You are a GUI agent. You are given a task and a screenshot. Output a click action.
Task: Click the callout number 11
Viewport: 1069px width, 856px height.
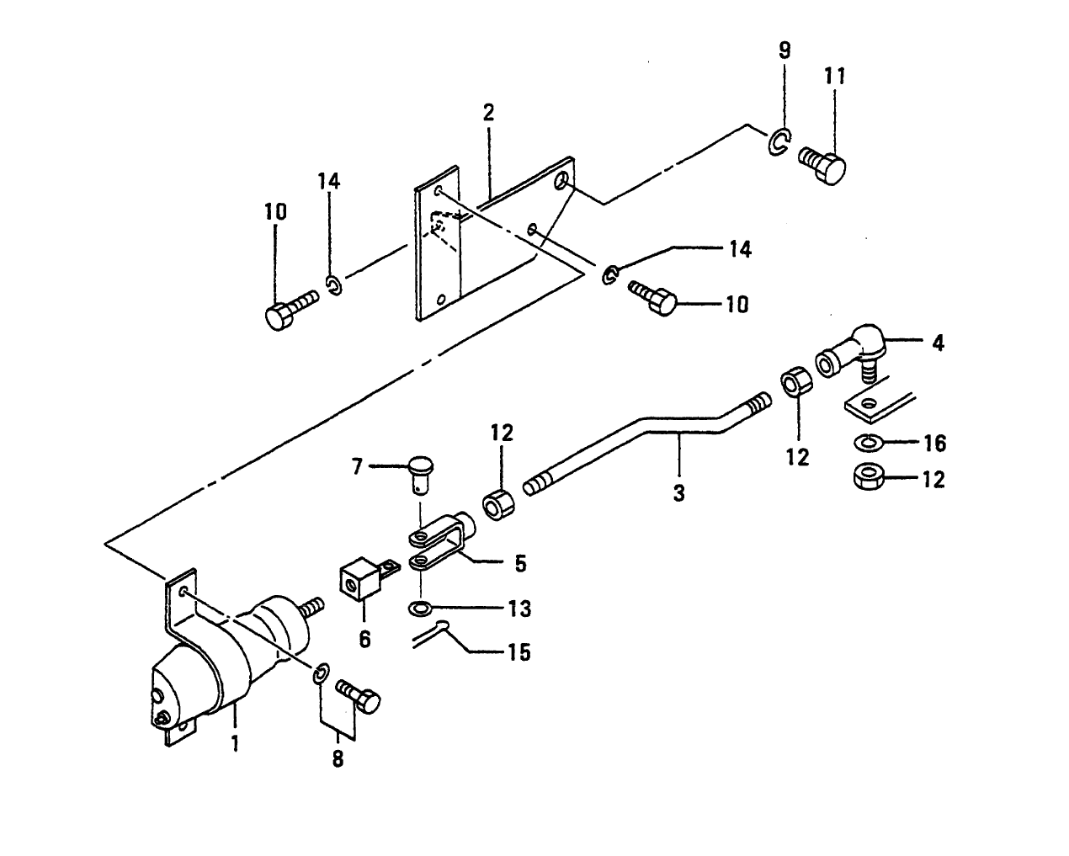[x=834, y=76]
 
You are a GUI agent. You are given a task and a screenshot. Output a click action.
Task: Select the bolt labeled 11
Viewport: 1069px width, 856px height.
[x=823, y=162]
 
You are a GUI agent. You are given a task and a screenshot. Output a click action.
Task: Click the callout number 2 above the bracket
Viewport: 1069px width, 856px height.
[x=488, y=113]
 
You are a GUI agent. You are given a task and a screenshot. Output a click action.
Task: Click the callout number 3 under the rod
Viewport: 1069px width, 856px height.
[x=678, y=493]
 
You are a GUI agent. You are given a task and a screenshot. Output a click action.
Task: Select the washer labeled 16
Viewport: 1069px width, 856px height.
[x=866, y=443]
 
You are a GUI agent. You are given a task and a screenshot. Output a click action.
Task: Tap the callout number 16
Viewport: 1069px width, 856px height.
[x=934, y=443]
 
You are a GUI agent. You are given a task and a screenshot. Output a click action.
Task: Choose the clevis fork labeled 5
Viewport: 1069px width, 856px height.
[x=442, y=543]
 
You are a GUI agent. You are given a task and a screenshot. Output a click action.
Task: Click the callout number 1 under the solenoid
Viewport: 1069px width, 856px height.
[x=235, y=743]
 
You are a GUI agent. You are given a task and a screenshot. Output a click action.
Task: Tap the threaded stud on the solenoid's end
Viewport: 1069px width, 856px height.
[x=311, y=605]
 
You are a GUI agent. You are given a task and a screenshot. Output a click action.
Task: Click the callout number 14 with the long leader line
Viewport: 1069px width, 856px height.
[x=739, y=249]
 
